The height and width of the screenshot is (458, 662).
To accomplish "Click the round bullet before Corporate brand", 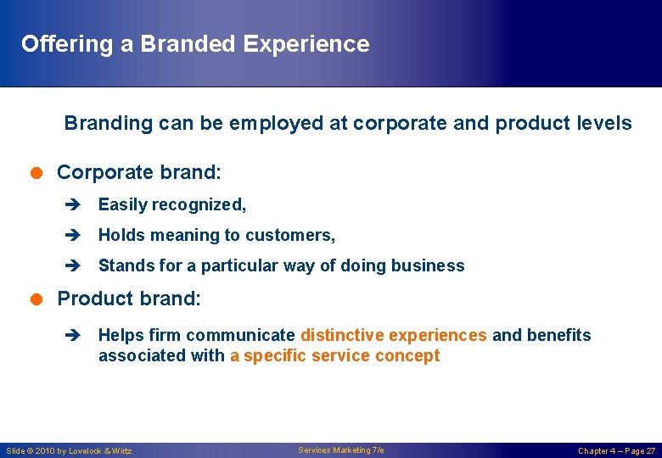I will coord(37,172).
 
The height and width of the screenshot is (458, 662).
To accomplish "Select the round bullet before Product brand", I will coord(37,299).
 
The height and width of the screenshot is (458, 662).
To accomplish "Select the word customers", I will coord(297,235).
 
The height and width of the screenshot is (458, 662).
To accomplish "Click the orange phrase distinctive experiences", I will coord(394,335).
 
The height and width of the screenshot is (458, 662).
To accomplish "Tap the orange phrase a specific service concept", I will coord(334,355).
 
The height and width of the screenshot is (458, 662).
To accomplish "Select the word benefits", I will coord(558,335).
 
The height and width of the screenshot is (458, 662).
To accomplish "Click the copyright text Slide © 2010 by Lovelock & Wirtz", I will coord(69,450).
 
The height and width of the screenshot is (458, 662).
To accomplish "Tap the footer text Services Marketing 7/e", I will coord(341,450).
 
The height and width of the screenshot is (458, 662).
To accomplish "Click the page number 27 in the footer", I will coord(650,450).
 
